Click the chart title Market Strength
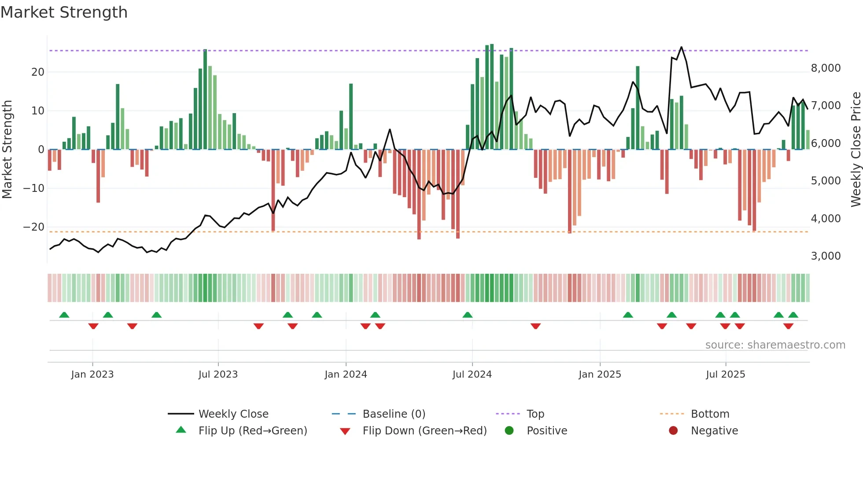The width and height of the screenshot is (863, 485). [x=64, y=12]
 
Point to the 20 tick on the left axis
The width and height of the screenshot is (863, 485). [x=38, y=72]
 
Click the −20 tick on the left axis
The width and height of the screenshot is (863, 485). [x=34, y=227]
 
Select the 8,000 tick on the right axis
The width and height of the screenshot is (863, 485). [x=826, y=68]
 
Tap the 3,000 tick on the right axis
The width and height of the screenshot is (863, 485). [x=826, y=256]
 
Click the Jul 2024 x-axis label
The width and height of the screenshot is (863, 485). [x=472, y=375]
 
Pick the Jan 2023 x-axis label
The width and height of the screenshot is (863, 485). [x=92, y=375]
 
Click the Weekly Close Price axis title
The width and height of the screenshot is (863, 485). [x=856, y=150]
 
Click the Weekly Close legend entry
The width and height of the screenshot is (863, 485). [x=233, y=414]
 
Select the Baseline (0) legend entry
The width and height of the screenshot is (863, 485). [x=394, y=414]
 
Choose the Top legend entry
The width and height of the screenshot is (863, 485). [x=535, y=414]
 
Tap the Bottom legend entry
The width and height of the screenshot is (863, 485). [x=710, y=414]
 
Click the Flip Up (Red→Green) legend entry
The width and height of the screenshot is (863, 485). [x=252, y=431]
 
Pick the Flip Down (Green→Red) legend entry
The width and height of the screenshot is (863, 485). [x=424, y=431]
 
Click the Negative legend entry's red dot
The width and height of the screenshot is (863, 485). [x=673, y=431]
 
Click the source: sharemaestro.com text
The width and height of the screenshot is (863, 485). [x=775, y=345]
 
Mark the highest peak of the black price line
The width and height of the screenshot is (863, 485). [x=681, y=47]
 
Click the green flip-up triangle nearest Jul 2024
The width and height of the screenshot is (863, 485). [x=468, y=315]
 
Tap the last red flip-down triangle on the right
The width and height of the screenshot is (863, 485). [x=788, y=326]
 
